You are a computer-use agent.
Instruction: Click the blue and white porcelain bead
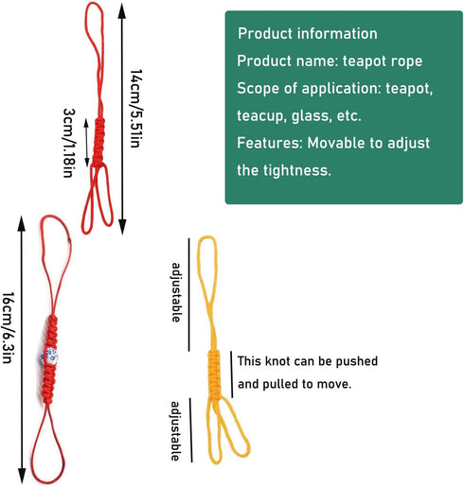pyautogui.click(x=48, y=357)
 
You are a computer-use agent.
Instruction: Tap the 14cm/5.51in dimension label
pyautogui.click(x=136, y=109)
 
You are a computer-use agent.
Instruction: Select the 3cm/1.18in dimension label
pyautogui.click(x=69, y=143)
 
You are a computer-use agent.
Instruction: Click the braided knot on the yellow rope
pyautogui.click(x=214, y=374)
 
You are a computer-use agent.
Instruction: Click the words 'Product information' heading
pyautogui.click(x=308, y=33)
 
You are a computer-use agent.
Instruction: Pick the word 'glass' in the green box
pyautogui.click(x=311, y=116)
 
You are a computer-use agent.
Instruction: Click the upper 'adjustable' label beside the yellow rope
pyautogui.click(x=176, y=292)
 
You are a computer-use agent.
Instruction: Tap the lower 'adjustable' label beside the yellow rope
pyautogui.click(x=175, y=431)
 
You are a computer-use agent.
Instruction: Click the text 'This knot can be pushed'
pyautogui.click(x=308, y=361)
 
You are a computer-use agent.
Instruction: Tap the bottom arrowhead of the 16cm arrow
pyautogui.click(x=22, y=476)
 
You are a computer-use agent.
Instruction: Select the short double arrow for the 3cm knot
pyautogui.click(x=86, y=143)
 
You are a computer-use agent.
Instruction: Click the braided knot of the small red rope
pyautogui.click(x=98, y=142)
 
